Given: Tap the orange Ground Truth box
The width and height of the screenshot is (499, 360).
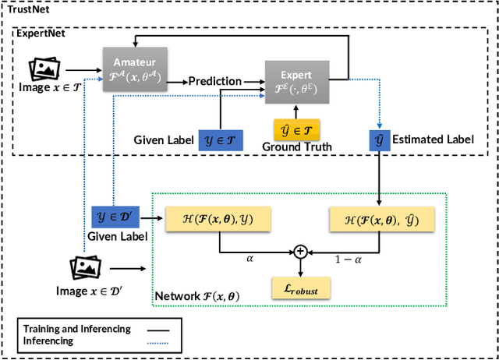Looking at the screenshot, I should coord(297,129).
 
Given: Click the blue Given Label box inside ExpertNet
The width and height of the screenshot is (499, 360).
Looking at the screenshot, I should coord(220,140).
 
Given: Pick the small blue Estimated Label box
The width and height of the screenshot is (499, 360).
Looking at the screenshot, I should coord(380,140).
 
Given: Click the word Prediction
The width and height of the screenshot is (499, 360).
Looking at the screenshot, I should coord(214,81).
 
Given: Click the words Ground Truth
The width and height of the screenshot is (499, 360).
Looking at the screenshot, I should coord(297,146).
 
